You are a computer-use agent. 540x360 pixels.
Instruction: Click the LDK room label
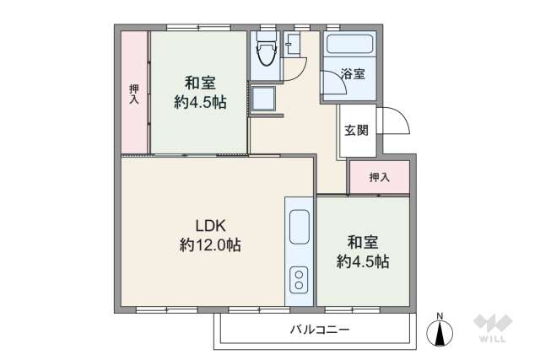coord(210,225)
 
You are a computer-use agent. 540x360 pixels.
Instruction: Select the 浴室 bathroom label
coord(353,74)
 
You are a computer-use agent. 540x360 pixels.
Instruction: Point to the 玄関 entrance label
coord(356,131)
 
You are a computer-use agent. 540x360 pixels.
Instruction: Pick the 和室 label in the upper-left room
coord(200,83)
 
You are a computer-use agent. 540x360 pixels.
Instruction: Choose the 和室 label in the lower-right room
coord(363,242)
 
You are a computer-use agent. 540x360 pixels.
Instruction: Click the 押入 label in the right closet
coord(380,177)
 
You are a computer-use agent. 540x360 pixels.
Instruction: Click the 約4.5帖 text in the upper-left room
coord(200,103)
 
